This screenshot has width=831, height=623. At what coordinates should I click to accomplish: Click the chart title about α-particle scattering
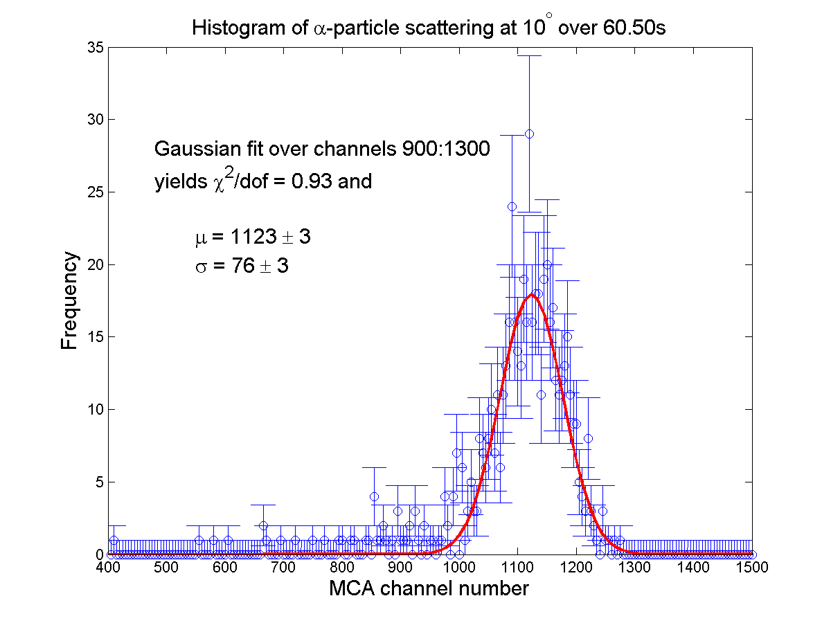[428, 27]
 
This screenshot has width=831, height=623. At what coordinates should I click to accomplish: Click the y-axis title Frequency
[69, 300]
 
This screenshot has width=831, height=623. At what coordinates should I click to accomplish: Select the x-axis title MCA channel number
[429, 588]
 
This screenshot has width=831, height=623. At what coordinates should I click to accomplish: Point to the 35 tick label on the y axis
[95, 48]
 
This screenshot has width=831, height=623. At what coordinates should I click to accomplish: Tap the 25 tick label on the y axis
[95, 192]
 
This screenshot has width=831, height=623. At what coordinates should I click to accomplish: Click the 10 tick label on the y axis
[95, 409]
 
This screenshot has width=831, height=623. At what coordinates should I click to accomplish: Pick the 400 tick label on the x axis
[108, 567]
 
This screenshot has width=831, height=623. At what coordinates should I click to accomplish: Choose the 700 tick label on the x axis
[283, 567]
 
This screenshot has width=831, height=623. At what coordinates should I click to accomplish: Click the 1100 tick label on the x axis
[517, 567]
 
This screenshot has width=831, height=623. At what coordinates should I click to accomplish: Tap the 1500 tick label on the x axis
[752, 567]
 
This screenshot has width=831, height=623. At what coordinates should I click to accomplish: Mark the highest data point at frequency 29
[529, 134]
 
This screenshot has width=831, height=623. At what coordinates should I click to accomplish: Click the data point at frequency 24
[512, 206]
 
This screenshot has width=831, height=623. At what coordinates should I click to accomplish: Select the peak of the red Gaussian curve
[532, 295]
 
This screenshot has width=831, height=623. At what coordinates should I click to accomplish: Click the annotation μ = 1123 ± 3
[253, 237]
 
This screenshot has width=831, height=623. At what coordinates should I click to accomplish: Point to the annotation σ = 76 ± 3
[242, 266]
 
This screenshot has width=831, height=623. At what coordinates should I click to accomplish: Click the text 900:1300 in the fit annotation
[446, 148]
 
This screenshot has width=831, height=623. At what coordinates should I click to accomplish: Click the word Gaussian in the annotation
[198, 148]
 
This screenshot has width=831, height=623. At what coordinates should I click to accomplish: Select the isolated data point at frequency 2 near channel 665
[264, 525]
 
